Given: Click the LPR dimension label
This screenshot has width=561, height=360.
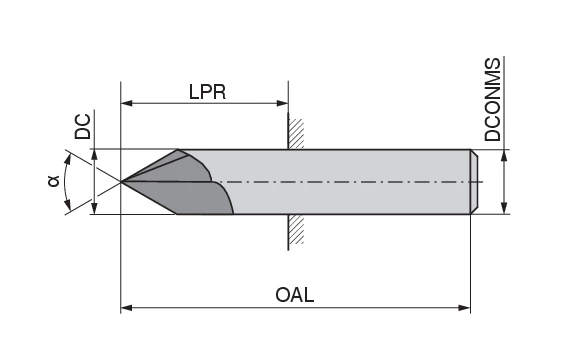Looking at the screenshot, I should click(207, 91).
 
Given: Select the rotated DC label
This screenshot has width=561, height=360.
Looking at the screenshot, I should click(84, 126).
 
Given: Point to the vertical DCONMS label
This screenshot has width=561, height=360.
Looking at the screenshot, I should click(493, 98).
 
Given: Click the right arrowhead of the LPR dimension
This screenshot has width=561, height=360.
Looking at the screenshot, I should click(283, 102).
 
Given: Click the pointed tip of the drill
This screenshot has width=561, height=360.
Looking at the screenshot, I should click(122, 182).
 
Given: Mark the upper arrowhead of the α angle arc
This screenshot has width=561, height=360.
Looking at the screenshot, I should click(67, 157).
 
